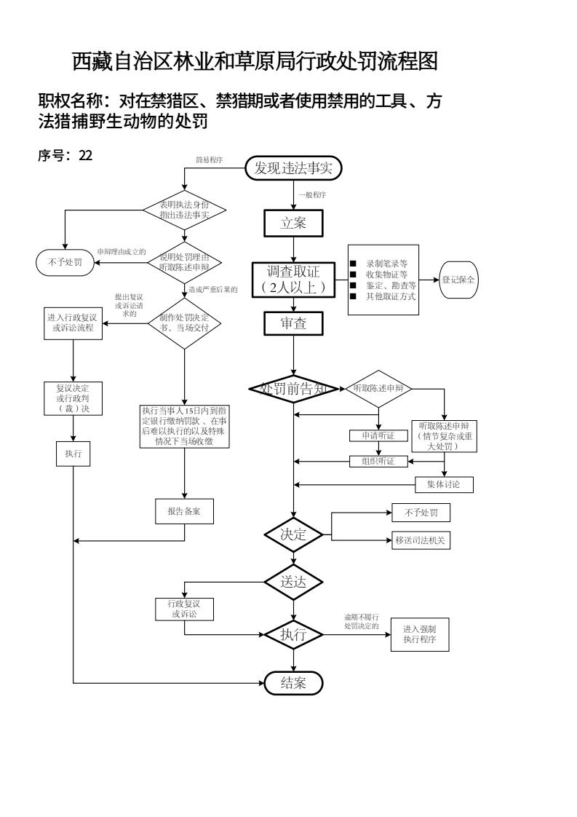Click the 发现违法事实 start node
tap(293, 169)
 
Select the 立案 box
tap(293, 224)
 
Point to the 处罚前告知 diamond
tap(293, 389)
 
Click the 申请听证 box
tap(378, 435)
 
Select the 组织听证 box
tap(378, 460)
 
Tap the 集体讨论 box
tap(444, 484)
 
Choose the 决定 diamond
tap(293, 534)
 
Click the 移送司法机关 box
tap(421, 540)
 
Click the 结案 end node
tap(293, 683)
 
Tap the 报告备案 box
tap(184, 511)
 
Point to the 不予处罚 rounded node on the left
tap(65, 263)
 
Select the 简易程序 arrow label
tap(209, 159)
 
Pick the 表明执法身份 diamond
tap(184, 210)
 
